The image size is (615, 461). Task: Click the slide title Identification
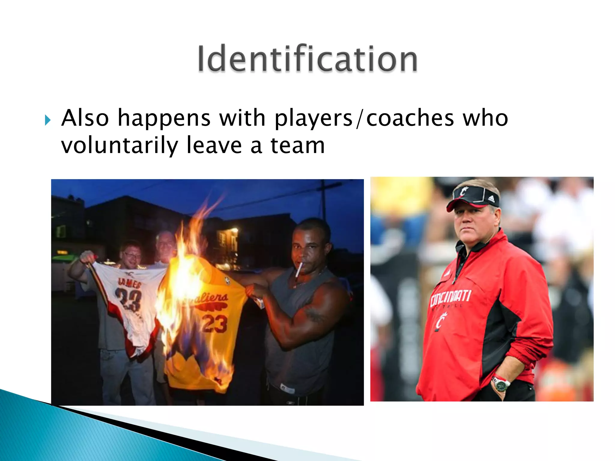307,59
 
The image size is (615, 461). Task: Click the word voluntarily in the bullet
120,146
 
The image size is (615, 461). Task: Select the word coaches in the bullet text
410,118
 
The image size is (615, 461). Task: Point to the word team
298,146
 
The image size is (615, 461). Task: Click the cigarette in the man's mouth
299,269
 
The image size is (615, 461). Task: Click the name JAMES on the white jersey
129,283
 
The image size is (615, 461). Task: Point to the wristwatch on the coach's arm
501,384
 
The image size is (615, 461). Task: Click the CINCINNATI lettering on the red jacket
450,297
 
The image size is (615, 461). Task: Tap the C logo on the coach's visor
463,191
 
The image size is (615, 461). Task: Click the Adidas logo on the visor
491,198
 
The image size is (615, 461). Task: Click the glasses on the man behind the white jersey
132,255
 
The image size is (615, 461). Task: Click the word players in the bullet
313,119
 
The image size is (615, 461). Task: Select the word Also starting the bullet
85,118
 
